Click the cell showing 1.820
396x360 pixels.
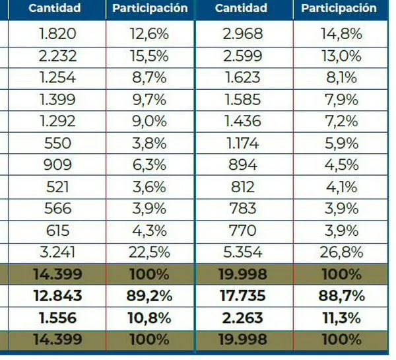(58, 34)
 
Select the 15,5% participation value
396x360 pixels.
(150, 56)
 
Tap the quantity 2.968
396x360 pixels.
(242, 34)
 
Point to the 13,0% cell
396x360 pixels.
(339, 56)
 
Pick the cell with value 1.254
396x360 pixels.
(58, 78)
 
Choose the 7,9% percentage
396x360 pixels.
(339, 100)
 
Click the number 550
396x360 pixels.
(58, 143)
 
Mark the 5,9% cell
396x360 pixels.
(339, 143)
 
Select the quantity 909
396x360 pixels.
(58, 165)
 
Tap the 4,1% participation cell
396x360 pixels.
(339, 187)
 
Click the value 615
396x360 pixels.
(58, 231)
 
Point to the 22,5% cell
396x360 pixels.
(150, 252)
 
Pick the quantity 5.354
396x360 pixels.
(242, 252)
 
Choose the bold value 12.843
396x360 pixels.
(58, 296)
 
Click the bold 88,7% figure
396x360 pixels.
(339, 296)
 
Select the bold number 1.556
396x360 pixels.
(58, 318)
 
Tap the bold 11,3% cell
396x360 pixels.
(339, 318)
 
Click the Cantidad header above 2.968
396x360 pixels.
(242, 9)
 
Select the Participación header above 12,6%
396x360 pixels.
(150, 9)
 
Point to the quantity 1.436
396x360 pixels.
(242, 122)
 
